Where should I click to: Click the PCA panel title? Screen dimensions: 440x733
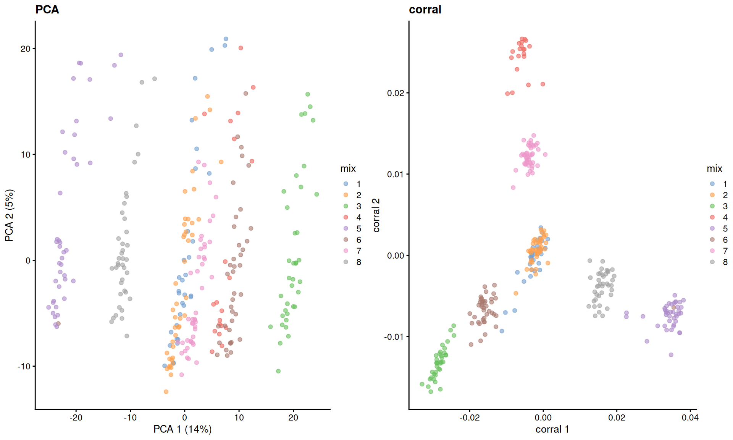point(47,10)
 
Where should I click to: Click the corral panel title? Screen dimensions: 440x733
point(425,10)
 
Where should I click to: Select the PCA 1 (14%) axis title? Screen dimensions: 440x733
point(182,429)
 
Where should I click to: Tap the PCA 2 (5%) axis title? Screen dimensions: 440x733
point(9,215)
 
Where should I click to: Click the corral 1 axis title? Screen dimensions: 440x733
point(552,429)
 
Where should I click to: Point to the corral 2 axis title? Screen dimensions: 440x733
point(376,215)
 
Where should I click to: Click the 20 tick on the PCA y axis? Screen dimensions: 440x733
point(25,49)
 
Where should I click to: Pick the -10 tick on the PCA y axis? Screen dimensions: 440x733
point(24,366)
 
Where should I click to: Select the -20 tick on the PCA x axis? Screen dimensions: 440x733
point(76,417)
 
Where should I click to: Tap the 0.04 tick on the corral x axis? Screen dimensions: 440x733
point(690,417)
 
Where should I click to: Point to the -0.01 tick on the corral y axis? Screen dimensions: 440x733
point(394,337)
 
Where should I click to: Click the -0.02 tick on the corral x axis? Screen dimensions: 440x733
point(469,417)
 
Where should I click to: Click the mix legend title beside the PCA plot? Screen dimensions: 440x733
point(348,168)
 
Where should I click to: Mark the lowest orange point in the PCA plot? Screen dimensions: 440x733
point(166,391)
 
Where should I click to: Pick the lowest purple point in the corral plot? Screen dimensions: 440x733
point(671,355)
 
